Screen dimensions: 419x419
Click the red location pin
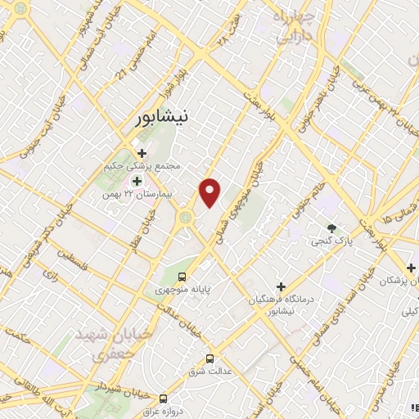[210, 193]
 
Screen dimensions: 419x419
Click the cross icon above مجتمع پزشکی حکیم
[142, 153]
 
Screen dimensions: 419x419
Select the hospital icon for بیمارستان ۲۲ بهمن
[136, 180]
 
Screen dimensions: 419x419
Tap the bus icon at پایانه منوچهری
[183, 277]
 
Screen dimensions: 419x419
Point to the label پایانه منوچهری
[183, 290]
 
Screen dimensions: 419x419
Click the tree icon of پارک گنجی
[331, 228]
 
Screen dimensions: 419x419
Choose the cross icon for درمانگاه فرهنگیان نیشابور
[282, 287]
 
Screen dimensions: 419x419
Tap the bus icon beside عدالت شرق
[209, 358]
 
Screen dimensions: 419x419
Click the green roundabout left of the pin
[186, 218]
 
